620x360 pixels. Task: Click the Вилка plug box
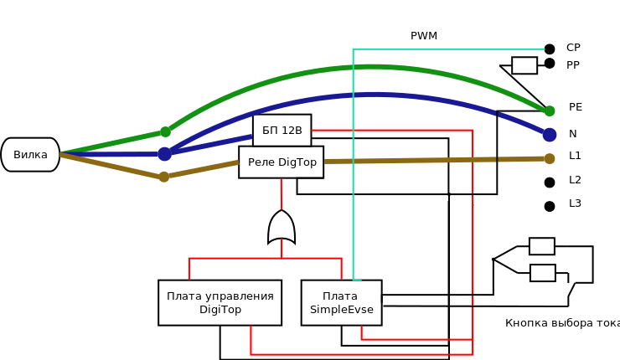tap(30, 155)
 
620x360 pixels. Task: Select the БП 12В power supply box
tap(282, 131)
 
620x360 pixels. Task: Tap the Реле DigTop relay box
tap(282, 162)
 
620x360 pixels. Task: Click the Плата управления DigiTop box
tap(220, 303)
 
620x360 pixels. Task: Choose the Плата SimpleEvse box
tap(342, 303)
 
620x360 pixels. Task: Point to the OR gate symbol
tap(282, 227)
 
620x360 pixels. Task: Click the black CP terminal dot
tap(550, 49)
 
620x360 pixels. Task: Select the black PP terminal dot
tap(550, 64)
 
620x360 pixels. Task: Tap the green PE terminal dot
tap(550, 111)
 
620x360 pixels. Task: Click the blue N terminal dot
tap(550, 135)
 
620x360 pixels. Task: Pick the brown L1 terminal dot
tap(550, 158)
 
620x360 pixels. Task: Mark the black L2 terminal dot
tap(550, 183)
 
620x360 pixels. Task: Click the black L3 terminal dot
tap(550, 206)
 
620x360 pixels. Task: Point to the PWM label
tap(424, 36)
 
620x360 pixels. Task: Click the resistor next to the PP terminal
tap(524, 65)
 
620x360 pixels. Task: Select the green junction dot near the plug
tap(166, 132)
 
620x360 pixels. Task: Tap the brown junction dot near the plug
tap(164, 177)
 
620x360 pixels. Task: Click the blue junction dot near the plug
tap(164, 154)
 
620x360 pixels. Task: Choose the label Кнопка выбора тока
tap(562, 323)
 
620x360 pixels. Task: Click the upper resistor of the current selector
tap(542, 246)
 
